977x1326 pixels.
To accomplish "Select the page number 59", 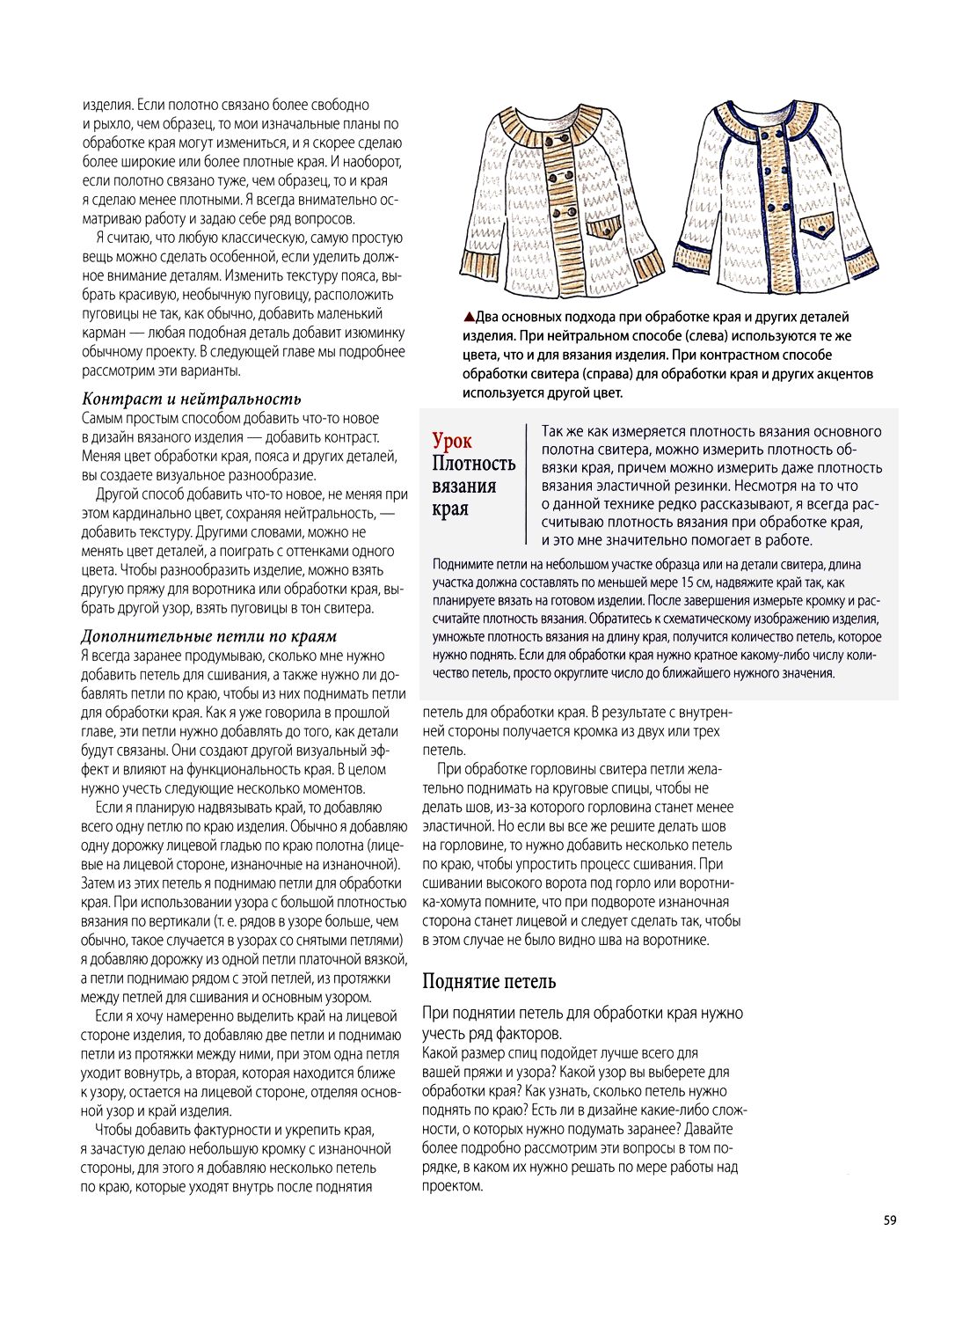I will pyautogui.click(x=890, y=1220).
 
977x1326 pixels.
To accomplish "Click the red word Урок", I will pyautogui.click(x=452, y=441).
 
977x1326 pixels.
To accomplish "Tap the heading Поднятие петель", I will pyautogui.click(x=489, y=981).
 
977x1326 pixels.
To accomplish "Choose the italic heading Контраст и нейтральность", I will pyautogui.click(x=191, y=399).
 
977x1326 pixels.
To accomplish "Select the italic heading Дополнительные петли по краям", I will pyautogui.click(x=208, y=636).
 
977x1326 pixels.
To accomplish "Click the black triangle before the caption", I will pyautogui.click(x=469, y=317).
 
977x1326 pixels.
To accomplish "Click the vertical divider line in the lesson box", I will pyautogui.click(x=527, y=486).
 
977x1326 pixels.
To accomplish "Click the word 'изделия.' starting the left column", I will pyautogui.click(x=107, y=105).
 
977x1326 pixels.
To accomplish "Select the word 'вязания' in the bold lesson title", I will pyautogui.click(x=463, y=486).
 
